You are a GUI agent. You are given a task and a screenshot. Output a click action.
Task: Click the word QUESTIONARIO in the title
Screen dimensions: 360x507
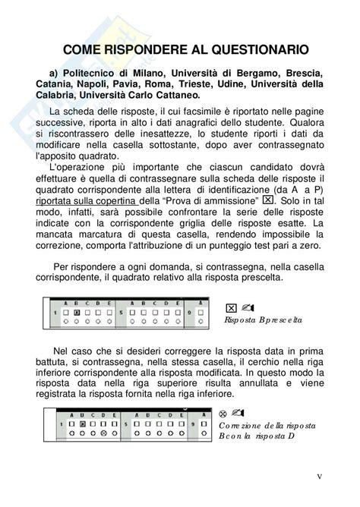[x=255, y=50]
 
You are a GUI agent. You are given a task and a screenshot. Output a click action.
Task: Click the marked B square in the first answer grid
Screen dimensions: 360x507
[x=77, y=312]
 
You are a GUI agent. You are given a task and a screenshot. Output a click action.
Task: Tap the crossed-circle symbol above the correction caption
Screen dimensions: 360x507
[x=223, y=413]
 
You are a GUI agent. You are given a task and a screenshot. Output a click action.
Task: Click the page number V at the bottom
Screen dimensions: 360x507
[x=320, y=477]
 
